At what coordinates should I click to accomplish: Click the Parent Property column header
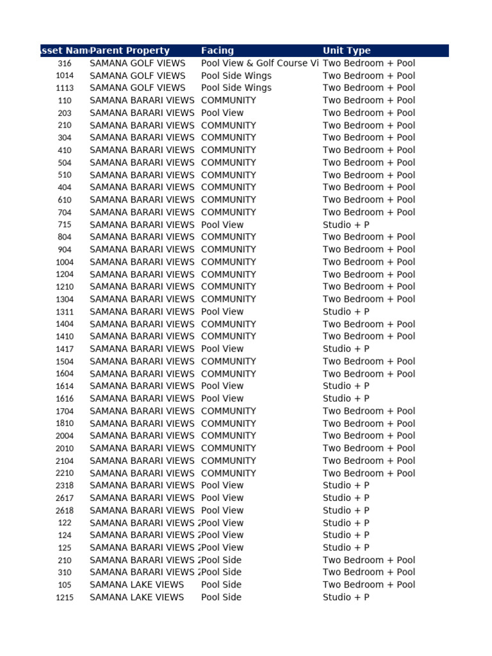[130, 51]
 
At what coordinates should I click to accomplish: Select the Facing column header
[217, 51]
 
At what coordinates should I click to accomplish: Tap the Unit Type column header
[347, 51]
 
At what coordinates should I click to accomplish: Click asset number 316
[65, 63]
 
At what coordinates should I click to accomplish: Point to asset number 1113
[65, 88]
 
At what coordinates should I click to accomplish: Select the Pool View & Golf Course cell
[259, 63]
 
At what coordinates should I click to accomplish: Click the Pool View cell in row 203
[222, 113]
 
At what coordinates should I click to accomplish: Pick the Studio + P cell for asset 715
[346, 225]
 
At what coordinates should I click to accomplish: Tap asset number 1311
[65, 312]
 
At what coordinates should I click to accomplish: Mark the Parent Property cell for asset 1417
[142, 349]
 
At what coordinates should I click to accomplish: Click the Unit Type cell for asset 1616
[346, 398]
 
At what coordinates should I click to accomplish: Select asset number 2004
[65, 436]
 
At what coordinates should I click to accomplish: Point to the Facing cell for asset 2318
[222, 486]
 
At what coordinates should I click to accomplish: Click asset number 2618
[65, 511]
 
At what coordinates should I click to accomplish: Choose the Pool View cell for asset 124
[222, 535]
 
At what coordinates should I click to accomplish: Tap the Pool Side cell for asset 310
[222, 572]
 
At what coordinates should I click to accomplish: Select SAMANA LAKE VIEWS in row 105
[136, 585]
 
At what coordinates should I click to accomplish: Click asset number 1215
[65, 598]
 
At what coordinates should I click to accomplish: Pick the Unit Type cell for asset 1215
[346, 598]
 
